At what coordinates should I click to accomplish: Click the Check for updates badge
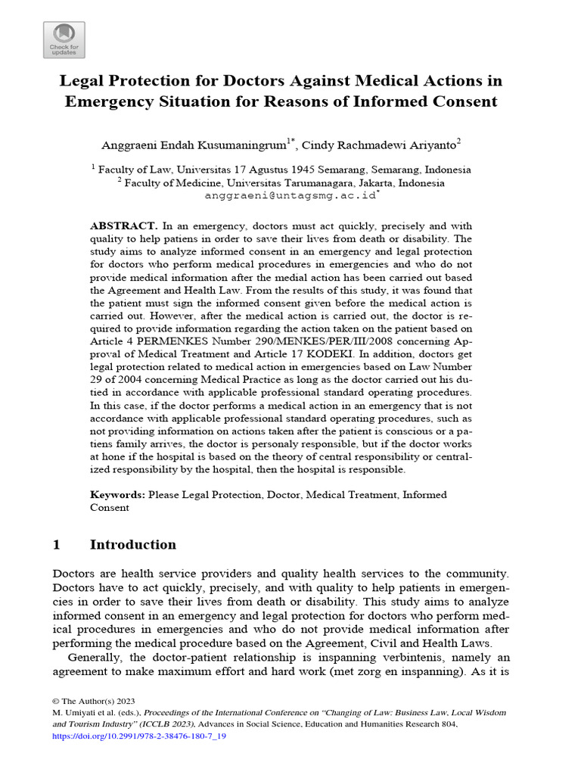tap(64, 39)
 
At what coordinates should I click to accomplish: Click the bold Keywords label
tap(117, 494)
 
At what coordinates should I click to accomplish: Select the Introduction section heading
tap(132, 545)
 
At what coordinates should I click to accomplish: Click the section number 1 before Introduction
tap(57, 545)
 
